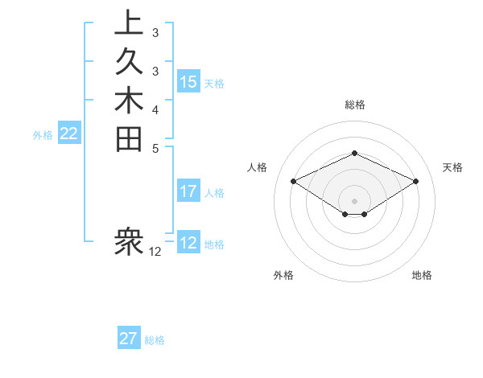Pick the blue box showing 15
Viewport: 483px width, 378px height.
[x=188, y=81]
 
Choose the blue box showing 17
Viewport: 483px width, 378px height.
[x=188, y=191]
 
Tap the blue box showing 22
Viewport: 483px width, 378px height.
[x=69, y=134]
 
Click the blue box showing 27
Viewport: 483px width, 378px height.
[x=129, y=339]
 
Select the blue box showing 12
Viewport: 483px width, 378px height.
[x=188, y=243]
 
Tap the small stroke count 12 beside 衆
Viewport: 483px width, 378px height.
[x=155, y=252]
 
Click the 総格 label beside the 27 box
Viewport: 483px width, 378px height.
[x=155, y=340]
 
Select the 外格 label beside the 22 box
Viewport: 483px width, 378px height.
[x=43, y=135]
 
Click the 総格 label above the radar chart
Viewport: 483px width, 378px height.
[x=354, y=105]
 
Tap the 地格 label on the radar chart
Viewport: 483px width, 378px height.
[x=422, y=275]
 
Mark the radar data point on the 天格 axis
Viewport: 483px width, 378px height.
[x=416, y=181]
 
